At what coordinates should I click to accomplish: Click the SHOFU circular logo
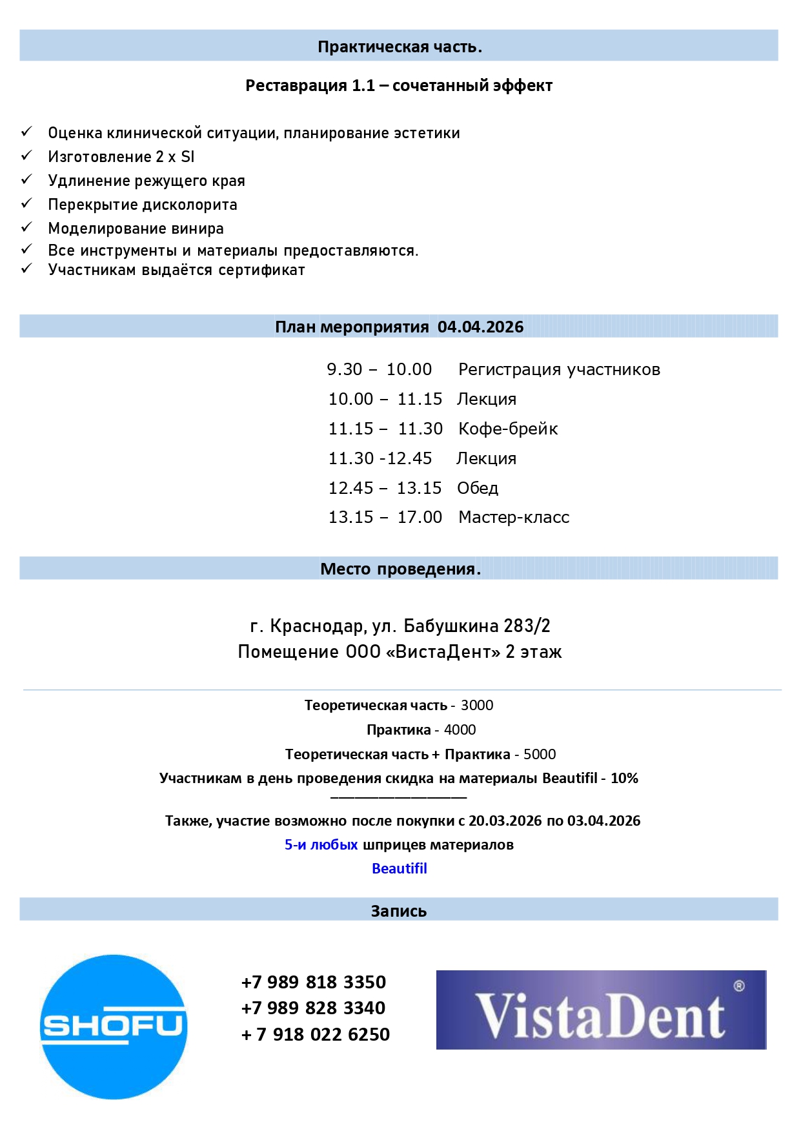click(x=114, y=1026)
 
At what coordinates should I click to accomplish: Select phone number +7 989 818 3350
click(x=314, y=983)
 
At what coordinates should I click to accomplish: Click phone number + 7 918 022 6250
click(x=316, y=1035)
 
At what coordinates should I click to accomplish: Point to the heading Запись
click(x=399, y=912)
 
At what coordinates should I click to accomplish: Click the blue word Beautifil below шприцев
click(x=400, y=869)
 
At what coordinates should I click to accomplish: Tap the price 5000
click(x=540, y=755)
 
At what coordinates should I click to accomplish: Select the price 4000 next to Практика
click(x=460, y=730)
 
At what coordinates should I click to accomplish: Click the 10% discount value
click(x=624, y=779)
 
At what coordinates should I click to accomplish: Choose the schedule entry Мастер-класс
click(x=514, y=518)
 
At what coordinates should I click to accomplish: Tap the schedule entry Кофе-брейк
click(x=508, y=429)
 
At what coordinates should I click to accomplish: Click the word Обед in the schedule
click(x=478, y=489)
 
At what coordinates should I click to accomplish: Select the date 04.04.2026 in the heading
click(x=481, y=327)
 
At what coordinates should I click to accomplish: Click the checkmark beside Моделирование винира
click(x=26, y=227)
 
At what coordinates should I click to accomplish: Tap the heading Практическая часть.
click(x=400, y=47)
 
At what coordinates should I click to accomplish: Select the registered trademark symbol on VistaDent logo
click(x=740, y=986)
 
